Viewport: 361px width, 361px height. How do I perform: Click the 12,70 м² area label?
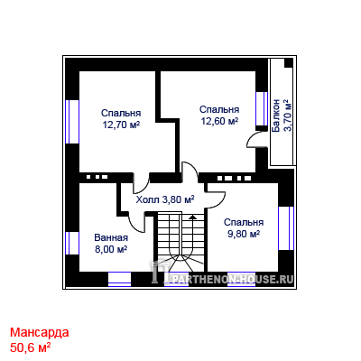click(121, 125)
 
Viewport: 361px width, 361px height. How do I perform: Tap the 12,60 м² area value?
click(219, 121)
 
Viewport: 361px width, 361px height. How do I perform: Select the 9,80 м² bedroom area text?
click(244, 234)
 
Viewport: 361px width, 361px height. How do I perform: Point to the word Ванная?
click(111, 237)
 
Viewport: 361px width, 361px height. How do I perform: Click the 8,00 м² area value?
click(111, 249)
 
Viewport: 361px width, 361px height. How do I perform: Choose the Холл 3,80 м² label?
click(165, 199)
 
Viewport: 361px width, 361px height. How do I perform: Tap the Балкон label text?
click(275, 116)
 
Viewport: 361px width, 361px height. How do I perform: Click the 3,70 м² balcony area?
click(288, 116)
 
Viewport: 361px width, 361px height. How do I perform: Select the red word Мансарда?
click(40, 332)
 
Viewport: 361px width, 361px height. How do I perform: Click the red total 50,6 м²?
click(30, 347)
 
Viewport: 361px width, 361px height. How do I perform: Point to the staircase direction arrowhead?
click(192, 216)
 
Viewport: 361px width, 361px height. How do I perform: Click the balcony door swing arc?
click(254, 139)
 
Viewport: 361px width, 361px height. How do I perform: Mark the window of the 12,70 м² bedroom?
click(72, 122)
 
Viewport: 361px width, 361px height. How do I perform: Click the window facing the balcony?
click(262, 108)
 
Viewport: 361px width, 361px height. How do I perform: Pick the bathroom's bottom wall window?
click(119, 279)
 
